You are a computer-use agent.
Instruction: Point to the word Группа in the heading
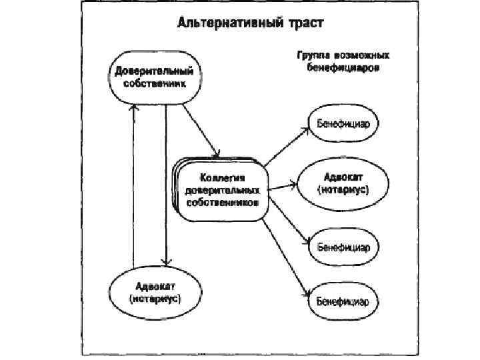(309, 58)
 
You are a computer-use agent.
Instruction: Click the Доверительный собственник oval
(154, 78)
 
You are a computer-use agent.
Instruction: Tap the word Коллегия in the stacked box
(223, 178)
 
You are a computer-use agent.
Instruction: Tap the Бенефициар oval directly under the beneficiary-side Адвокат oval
(343, 246)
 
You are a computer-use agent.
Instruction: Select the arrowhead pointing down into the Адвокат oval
(165, 261)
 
